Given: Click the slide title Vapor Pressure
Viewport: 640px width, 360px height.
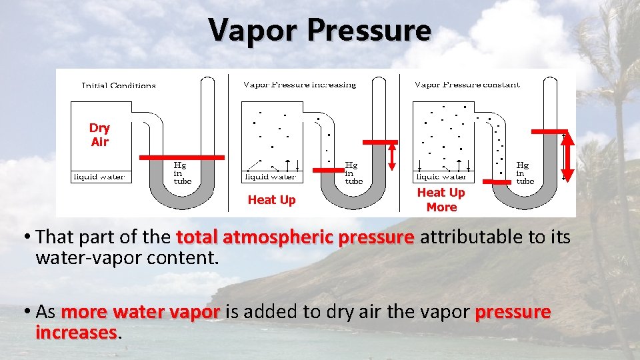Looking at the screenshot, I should coord(320,30).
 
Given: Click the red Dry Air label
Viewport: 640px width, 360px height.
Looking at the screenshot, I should coord(99,135).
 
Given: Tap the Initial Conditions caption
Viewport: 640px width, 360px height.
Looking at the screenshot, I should coord(119,85).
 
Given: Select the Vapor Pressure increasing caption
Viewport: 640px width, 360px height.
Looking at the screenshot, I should coord(299,85).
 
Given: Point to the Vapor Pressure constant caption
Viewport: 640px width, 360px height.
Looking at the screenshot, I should coord(467,85).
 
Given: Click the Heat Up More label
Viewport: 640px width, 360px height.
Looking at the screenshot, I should coord(441,200).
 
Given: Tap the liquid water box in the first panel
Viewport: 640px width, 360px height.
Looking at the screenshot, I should coord(101,177).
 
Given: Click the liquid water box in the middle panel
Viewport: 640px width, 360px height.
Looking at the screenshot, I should coord(271,177).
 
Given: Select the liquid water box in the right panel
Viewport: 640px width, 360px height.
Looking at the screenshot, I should coord(441,177).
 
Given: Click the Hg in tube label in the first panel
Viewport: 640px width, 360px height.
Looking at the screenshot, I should coord(182,172).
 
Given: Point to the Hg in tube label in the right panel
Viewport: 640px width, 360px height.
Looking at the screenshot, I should coord(525,172).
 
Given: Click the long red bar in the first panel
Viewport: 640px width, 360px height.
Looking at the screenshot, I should coord(182,157).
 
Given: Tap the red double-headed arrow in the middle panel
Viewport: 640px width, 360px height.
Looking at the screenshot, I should coord(392,156).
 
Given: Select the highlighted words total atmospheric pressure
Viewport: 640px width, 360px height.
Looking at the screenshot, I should coord(295,237).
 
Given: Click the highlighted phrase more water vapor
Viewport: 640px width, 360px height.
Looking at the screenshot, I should coord(140,312).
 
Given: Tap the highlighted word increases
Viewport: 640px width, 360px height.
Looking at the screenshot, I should coord(77,332).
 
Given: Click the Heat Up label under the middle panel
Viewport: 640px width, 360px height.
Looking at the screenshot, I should coord(271,200).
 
